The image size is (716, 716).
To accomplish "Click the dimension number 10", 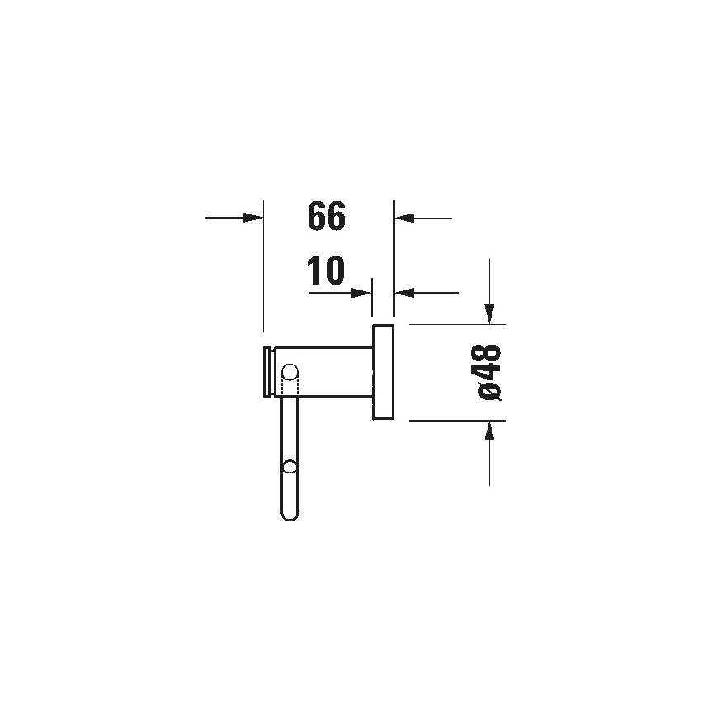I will click(x=325, y=271).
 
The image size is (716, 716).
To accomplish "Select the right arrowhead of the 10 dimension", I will click(x=403, y=292).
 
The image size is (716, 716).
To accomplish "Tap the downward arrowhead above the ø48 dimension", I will click(x=490, y=313).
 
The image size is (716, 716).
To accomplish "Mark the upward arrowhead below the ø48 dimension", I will click(x=490, y=431).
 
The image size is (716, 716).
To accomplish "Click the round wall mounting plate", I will click(x=383, y=373).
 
